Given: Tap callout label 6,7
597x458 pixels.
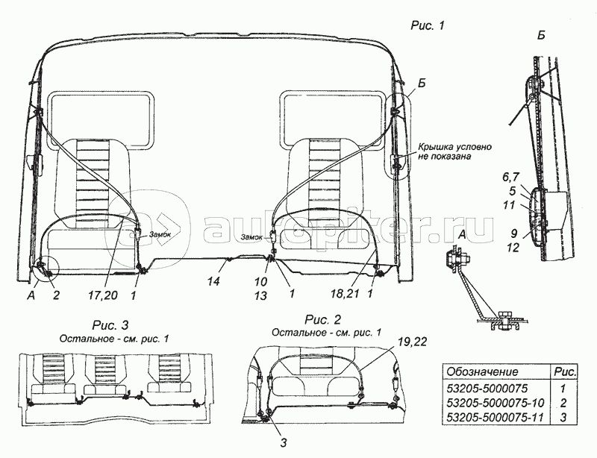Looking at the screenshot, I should click(x=510, y=178).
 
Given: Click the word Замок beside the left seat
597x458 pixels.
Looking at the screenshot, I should click(x=160, y=233).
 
